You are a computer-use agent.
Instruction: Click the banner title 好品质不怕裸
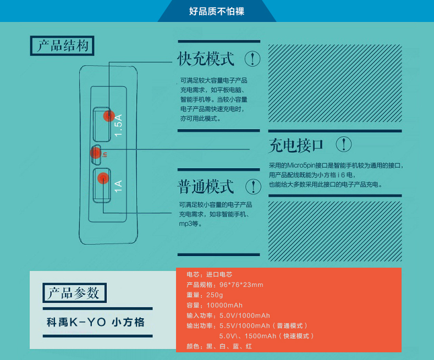point(217,11)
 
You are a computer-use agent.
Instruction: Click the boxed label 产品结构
point(62,46)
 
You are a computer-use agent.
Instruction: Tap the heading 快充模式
point(206,59)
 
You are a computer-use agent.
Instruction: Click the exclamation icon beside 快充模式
point(252,59)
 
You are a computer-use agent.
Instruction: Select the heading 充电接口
point(296,145)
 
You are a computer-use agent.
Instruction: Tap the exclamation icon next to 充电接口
point(343,145)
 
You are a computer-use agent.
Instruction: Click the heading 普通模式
point(206,186)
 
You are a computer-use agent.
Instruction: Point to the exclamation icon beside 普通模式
point(252,186)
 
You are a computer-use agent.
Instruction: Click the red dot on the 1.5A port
point(108,117)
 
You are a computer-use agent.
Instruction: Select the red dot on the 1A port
point(102,178)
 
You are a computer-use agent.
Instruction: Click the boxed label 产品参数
point(74,292)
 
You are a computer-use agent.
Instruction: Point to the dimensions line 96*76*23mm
point(225,284)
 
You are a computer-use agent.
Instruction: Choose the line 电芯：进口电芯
point(210,274)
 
